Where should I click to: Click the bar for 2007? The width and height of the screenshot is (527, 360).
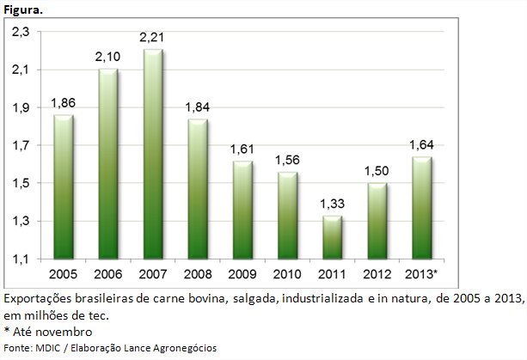[x=153, y=155]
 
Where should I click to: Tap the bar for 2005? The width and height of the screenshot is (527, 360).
[x=63, y=187]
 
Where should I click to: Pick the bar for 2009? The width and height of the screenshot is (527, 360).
[x=242, y=211]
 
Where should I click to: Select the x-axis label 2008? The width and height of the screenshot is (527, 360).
[x=197, y=275]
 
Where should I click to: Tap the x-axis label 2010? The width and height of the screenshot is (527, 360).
[x=286, y=275]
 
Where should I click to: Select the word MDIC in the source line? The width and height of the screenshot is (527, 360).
[x=49, y=347]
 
